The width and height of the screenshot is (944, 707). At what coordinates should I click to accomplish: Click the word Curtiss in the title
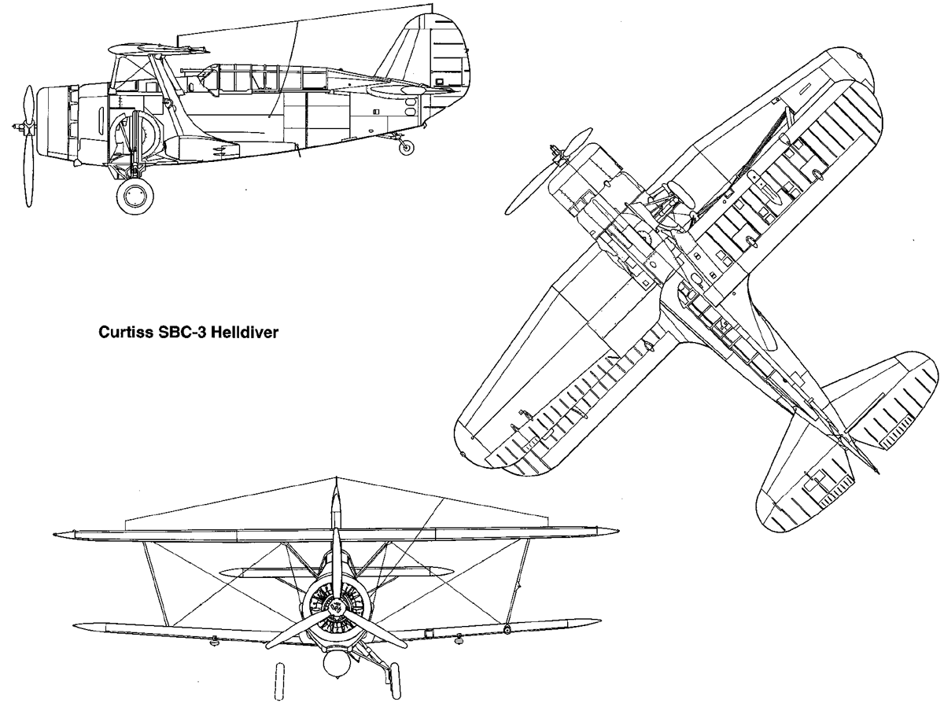click(x=124, y=332)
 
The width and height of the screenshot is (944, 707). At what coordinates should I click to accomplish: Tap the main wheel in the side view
click(x=135, y=196)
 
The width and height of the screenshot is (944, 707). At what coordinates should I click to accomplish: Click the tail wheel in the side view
click(x=406, y=147)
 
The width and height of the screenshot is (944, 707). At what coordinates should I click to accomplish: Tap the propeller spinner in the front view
click(x=336, y=607)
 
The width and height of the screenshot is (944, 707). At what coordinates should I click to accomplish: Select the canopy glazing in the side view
click(x=271, y=78)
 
